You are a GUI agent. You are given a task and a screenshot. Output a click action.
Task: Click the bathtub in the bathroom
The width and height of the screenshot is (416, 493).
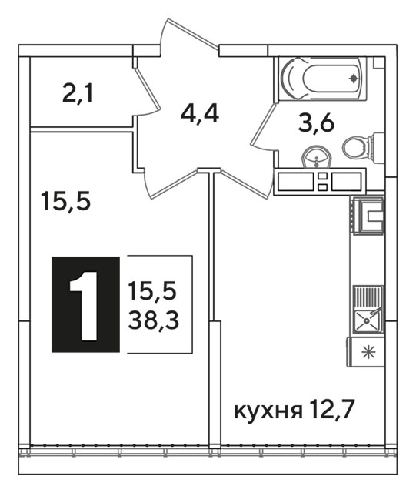323,79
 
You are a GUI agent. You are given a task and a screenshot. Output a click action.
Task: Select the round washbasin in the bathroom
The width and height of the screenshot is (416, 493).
317,157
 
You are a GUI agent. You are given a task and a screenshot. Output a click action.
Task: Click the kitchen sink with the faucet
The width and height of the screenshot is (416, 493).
368,310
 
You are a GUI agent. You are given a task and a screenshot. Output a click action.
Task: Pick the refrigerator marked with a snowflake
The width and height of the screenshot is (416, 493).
365,352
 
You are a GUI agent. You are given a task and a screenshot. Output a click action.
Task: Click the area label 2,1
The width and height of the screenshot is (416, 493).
78,93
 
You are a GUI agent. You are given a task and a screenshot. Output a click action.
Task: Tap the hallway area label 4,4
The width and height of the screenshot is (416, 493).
200,114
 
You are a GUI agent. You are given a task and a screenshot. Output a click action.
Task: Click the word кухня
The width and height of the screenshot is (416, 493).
268,412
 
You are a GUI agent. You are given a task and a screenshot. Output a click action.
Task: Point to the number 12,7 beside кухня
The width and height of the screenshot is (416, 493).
333,411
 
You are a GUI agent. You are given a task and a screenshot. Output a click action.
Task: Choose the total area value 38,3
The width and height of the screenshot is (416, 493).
154,320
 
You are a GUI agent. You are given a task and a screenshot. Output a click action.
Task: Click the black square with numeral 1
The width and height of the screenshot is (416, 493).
85,304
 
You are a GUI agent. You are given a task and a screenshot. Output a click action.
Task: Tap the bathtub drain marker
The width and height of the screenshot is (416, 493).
354,78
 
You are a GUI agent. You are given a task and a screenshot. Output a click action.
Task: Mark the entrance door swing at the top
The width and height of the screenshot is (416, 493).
189,32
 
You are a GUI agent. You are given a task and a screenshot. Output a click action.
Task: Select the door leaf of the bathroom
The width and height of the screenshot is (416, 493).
263,126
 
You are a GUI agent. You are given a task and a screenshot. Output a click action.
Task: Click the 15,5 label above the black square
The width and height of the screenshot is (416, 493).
65,202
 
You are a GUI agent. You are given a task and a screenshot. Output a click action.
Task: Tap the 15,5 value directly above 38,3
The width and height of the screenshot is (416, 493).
152,290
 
